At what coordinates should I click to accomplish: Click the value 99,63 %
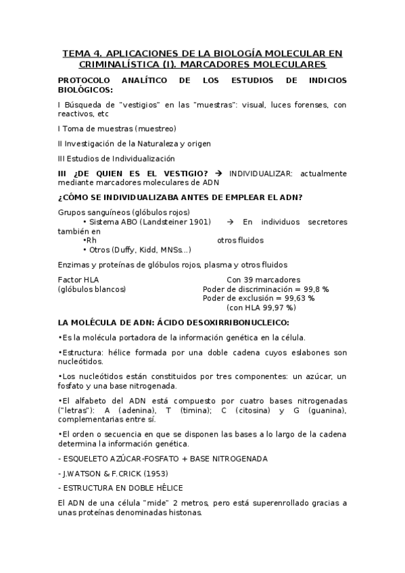pos(312,298)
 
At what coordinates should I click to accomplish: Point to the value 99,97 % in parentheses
pos(278,307)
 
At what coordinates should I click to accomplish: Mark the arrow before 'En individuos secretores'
pos(229,222)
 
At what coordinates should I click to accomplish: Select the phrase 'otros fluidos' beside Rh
pos(240,240)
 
